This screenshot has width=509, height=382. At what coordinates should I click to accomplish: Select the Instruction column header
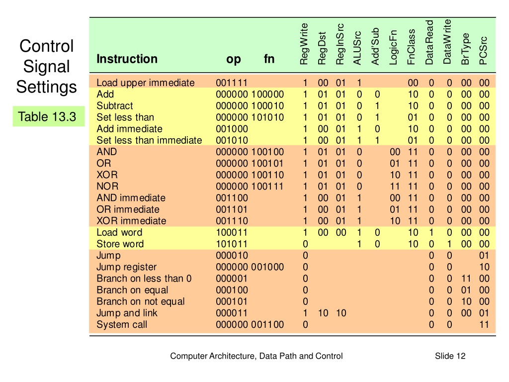(x=127, y=59)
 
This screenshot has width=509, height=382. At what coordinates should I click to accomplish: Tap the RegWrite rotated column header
(x=304, y=44)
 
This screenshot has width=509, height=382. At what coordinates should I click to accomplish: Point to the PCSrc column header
(x=483, y=51)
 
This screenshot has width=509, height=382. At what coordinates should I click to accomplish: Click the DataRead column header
(x=429, y=43)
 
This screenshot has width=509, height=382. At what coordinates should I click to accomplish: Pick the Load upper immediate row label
(x=146, y=83)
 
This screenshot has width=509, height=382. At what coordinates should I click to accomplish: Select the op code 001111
(x=232, y=83)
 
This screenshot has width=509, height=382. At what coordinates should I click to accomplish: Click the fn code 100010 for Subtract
(x=267, y=106)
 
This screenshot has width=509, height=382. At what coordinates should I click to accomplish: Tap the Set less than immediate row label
(x=149, y=140)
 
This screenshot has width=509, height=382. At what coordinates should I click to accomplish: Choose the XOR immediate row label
(x=131, y=221)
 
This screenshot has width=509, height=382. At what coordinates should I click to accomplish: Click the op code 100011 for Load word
(x=232, y=233)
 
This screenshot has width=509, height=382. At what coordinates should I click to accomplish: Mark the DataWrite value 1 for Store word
(x=449, y=244)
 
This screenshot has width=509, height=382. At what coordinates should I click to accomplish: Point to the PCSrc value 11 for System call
(x=484, y=324)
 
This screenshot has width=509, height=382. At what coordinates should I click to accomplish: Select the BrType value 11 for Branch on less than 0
(x=466, y=279)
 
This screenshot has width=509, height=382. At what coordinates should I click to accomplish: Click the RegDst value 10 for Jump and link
(x=323, y=313)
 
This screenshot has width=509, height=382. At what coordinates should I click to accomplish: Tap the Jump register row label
(x=127, y=267)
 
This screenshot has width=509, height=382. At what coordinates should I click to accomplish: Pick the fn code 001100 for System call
(x=267, y=324)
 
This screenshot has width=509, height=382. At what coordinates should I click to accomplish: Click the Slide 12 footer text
(x=450, y=356)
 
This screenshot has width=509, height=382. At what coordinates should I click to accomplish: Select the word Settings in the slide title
(x=46, y=87)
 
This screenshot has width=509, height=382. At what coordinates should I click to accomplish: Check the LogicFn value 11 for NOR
(x=395, y=187)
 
